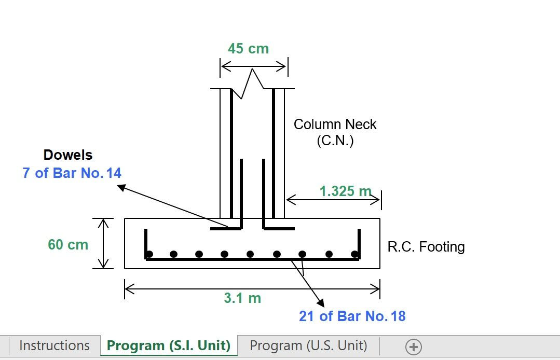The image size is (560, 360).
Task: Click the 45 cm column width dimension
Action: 248,49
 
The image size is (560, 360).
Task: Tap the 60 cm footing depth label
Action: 68,244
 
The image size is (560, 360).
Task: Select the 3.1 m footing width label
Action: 242,298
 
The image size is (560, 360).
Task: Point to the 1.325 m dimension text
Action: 345,191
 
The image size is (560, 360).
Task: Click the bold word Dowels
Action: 68,155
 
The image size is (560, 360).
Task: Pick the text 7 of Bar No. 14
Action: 72,173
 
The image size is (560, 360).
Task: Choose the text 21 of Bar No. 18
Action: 352,316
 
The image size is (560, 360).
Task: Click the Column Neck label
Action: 335,124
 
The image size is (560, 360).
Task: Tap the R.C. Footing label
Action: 426,246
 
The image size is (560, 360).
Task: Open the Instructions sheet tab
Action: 54,345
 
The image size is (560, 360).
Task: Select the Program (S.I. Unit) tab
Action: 169,345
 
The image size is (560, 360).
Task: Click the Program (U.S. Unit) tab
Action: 308,345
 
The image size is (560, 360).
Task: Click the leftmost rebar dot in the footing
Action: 149,254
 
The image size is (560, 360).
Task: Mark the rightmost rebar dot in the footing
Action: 354,254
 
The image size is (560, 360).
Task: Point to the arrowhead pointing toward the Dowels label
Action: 121,187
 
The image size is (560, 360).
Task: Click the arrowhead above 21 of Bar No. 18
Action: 320,303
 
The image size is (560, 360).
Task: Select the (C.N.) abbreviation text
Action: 335,141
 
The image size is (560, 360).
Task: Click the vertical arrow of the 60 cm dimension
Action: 104,243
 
